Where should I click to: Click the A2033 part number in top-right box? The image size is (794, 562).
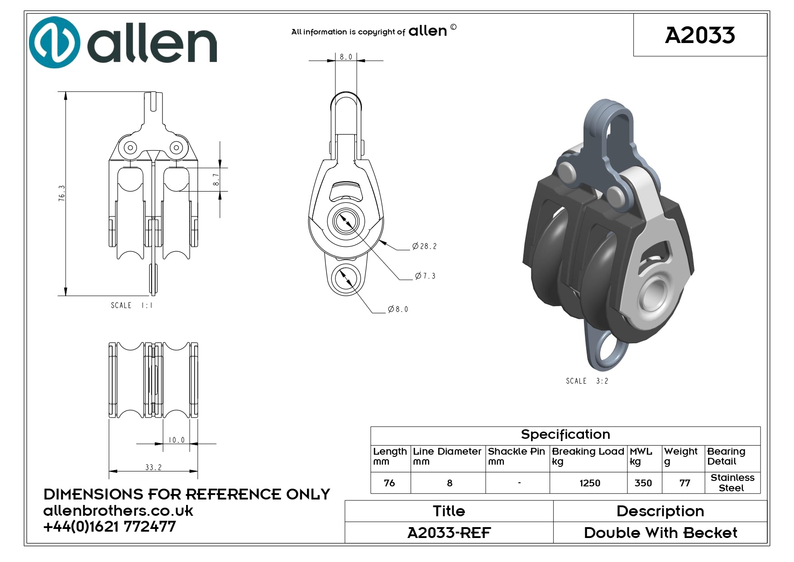[700, 35]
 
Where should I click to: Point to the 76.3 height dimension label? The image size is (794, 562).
[62, 193]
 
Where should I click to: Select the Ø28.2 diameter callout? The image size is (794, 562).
[425, 246]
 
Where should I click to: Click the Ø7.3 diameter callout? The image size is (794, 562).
[426, 276]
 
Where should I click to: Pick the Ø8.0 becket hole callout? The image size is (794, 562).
[398, 309]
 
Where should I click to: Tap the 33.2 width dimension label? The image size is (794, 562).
[153, 467]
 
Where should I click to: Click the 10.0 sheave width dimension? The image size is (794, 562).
[177, 440]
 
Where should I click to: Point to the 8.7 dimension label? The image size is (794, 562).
[216, 180]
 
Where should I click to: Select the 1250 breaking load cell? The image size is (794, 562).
[590, 483]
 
